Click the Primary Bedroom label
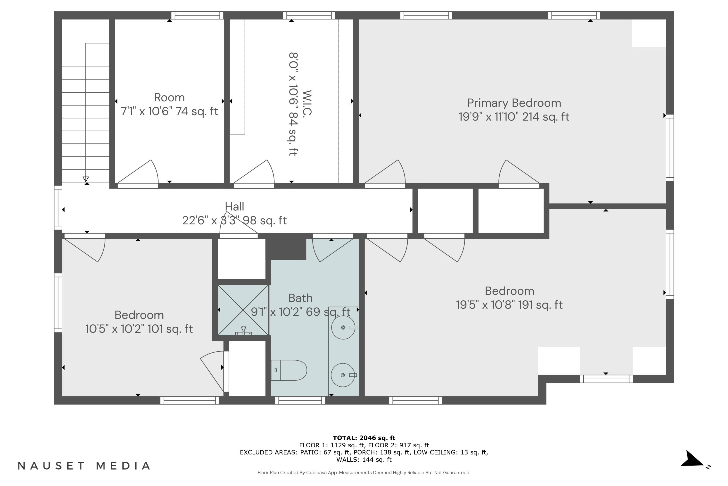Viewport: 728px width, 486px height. [x=514, y=103]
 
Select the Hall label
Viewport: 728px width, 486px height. [x=234, y=206]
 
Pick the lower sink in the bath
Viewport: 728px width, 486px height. [x=343, y=375]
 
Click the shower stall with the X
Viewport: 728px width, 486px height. [x=243, y=310]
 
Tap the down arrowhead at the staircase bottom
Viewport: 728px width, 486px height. [x=86, y=179]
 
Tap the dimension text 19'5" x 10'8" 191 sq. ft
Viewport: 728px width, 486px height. [x=509, y=305]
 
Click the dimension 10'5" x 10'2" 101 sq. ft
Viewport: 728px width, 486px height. [x=139, y=329]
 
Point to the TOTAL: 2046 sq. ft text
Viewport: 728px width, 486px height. [x=364, y=438]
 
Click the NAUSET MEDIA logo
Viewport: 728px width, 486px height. [x=84, y=466]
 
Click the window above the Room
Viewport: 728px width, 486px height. [x=197, y=15]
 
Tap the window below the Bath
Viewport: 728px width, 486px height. [x=300, y=400]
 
